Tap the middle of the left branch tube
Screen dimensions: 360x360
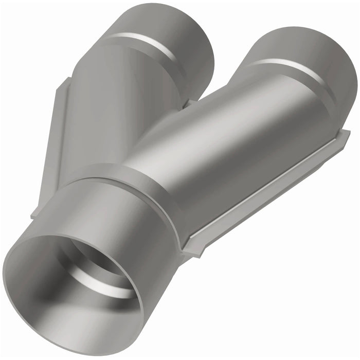pos(118,103)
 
